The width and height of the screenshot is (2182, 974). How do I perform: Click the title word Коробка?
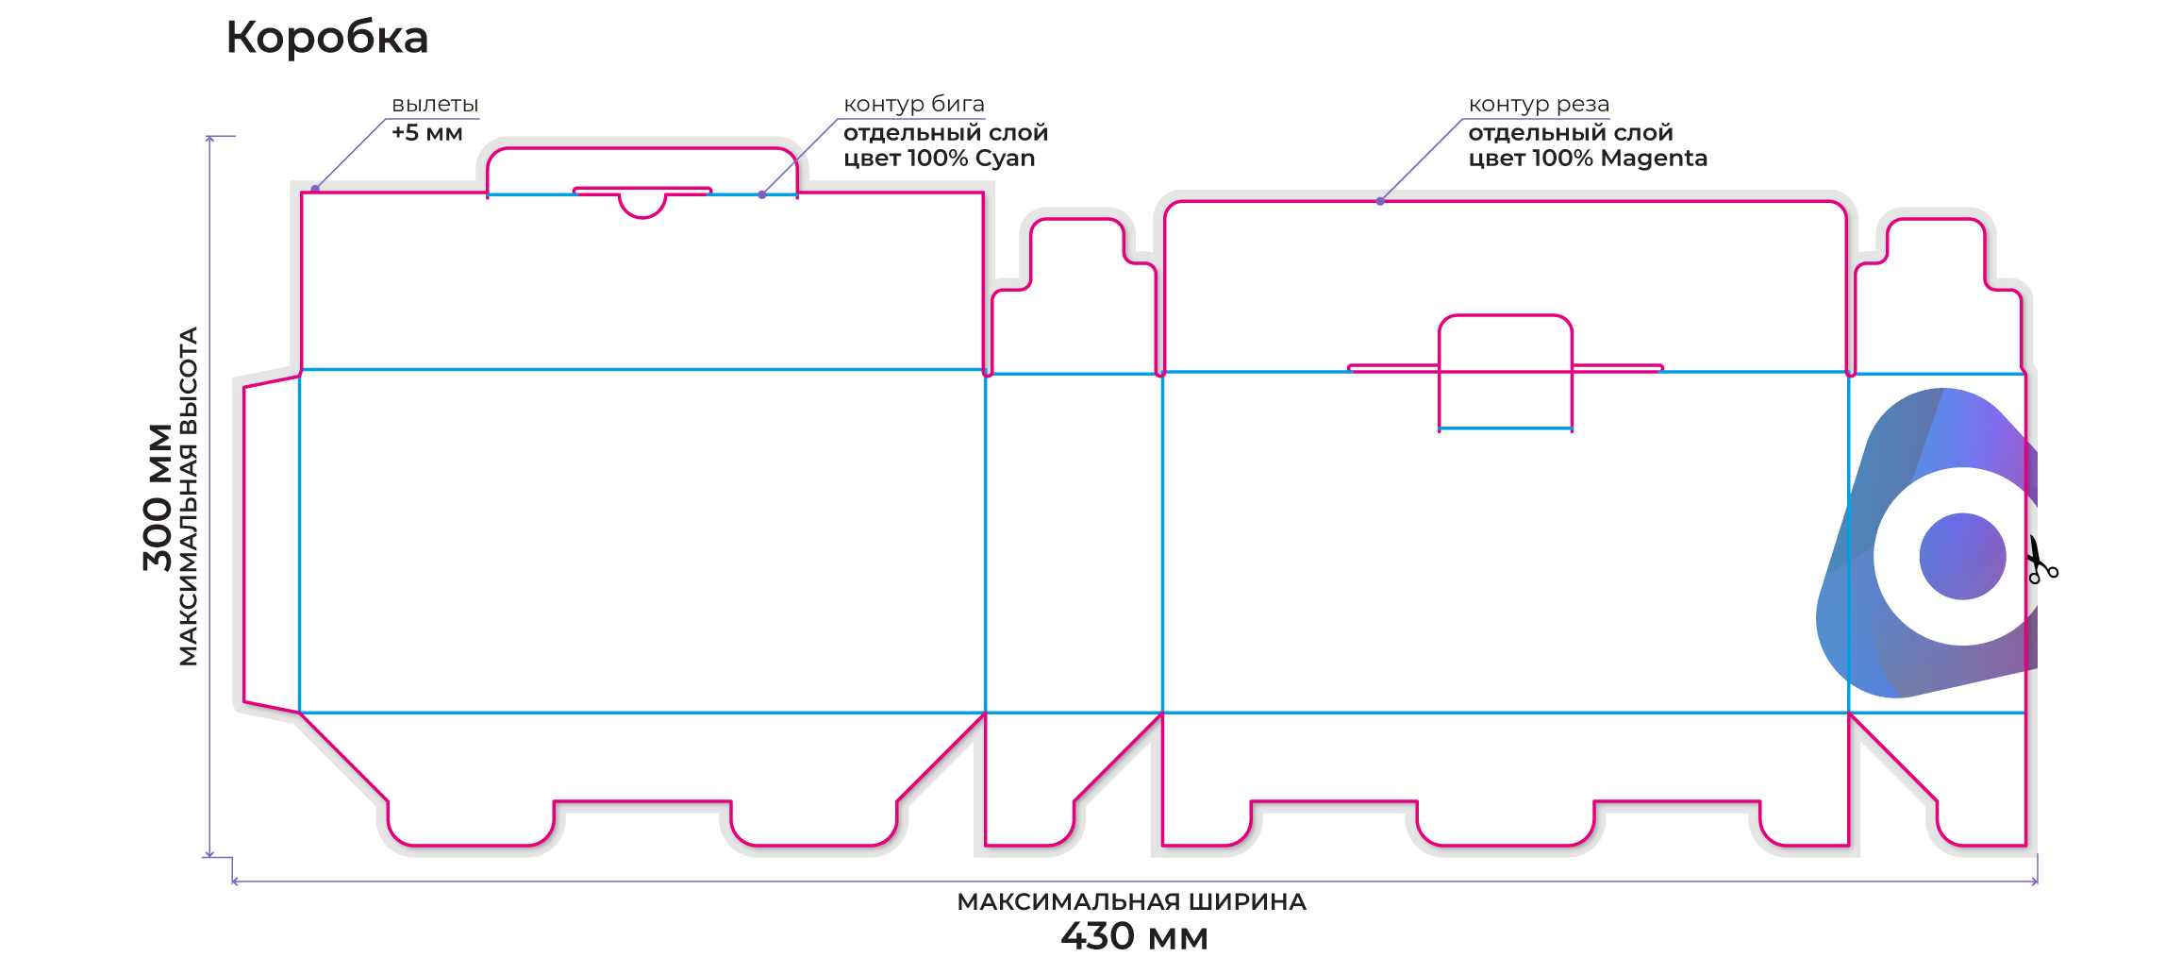326,39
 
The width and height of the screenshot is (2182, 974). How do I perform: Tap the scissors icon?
2041,560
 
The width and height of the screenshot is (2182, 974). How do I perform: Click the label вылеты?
435,105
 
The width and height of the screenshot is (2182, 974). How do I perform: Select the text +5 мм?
426,133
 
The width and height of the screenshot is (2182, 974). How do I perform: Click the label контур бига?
914,105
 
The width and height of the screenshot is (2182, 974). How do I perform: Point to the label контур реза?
1539,105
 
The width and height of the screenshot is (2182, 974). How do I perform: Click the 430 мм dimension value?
1134,936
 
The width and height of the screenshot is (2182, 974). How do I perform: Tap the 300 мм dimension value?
158,497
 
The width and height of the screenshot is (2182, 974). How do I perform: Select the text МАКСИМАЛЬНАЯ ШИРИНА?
1131,902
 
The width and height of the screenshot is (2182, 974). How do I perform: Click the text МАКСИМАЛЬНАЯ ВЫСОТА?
189,496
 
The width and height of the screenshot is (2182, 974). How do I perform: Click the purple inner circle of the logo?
1962,556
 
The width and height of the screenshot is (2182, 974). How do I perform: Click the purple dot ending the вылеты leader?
315,189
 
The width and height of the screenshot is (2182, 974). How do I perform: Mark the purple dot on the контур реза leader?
1380,201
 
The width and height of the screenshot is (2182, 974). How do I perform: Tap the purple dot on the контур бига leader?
762,194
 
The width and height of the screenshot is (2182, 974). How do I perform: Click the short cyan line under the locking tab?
1506,428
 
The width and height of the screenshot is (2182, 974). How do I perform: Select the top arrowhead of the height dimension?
209,140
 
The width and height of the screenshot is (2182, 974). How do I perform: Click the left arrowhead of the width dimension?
236,882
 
